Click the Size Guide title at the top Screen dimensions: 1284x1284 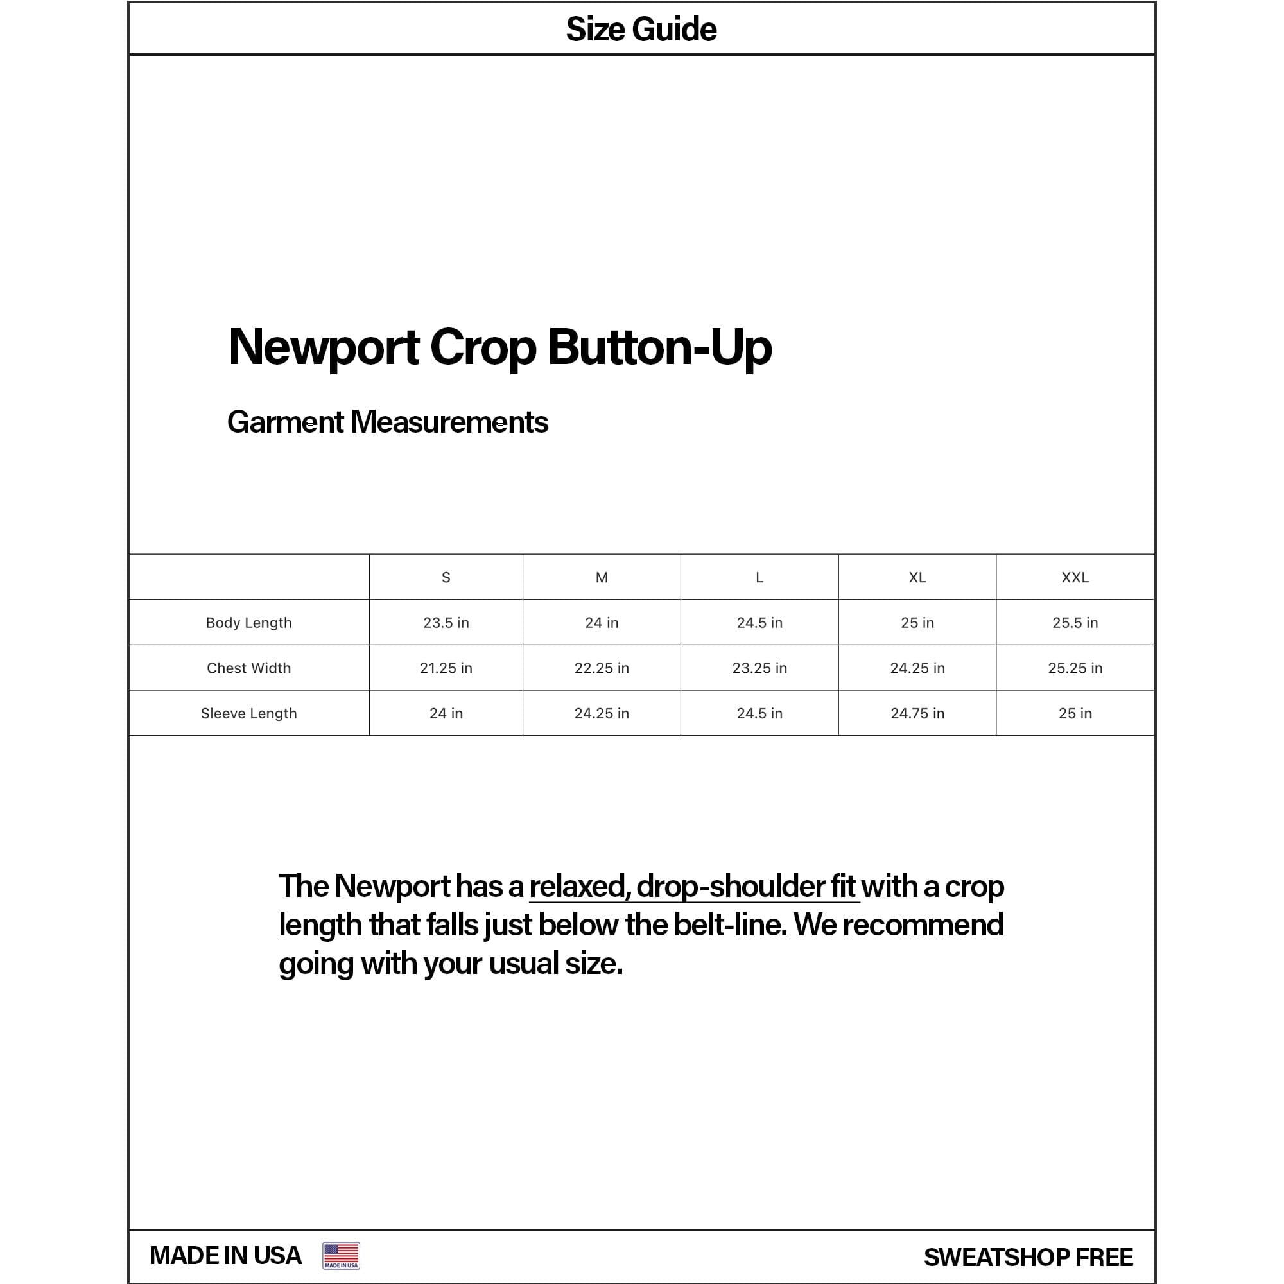pyautogui.click(x=641, y=30)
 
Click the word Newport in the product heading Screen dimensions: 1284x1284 pyautogui.click(x=324, y=347)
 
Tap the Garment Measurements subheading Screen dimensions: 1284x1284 pyautogui.click(x=388, y=422)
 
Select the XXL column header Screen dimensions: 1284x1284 pyautogui.click(x=1075, y=578)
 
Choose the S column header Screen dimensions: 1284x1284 pyautogui.click(x=446, y=578)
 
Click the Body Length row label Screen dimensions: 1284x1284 pyautogui.click(x=248, y=623)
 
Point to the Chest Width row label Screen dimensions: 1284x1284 pyautogui.click(x=248, y=668)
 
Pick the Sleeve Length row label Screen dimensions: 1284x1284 pyautogui.click(x=248, y=713)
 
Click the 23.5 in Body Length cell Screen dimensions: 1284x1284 pyautogui.click(x=446, y=623)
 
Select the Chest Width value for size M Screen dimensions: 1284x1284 pyautogui.click(x=602, y=668)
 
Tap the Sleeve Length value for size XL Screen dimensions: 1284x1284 pyautogui.click(x=917, y=713)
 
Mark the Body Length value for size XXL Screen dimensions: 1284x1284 pyautogui.click(x=1075, y=623)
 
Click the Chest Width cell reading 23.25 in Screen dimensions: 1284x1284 pyautogui.click(x=759, y=668)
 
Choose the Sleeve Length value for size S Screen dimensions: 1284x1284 pyautogui.click(x=446, y=713)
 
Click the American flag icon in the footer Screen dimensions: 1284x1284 pyautogui.click(x=341, y=1255)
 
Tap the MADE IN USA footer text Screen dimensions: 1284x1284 pyautogui.click(x=225, y=1255)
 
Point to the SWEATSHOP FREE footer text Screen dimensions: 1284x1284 pyautogui.click(x=1028, y=1258)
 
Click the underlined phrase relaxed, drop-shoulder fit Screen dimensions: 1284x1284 pyautogui.click(x=693, y=887)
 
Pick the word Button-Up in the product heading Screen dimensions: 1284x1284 pyautogui.click(x=659, y=347)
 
